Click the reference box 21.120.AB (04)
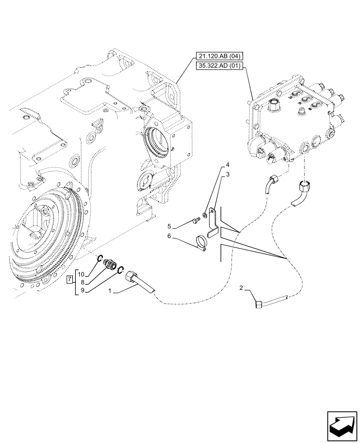218,57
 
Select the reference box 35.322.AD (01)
218,67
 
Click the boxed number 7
70,280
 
